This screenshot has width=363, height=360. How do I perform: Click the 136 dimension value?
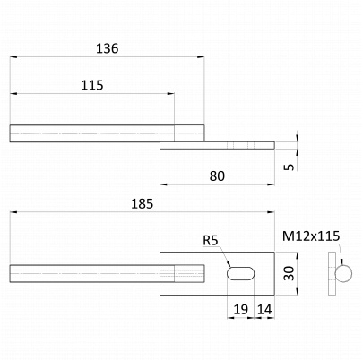coord(107,48)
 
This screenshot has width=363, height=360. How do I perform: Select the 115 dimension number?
coord(92,85)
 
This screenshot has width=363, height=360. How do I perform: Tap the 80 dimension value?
coord(217,176)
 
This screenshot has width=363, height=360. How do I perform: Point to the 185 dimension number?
coord(143,204)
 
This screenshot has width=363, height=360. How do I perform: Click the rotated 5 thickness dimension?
coord(289,167)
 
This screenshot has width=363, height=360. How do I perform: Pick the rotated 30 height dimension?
coord(289,273)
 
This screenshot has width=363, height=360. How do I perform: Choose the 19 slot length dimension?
coord(240,310)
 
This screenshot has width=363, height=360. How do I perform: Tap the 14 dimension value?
coord(264,310)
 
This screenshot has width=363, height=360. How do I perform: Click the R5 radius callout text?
coord(211,240)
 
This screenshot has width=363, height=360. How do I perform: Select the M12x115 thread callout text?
coord(311,236)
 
